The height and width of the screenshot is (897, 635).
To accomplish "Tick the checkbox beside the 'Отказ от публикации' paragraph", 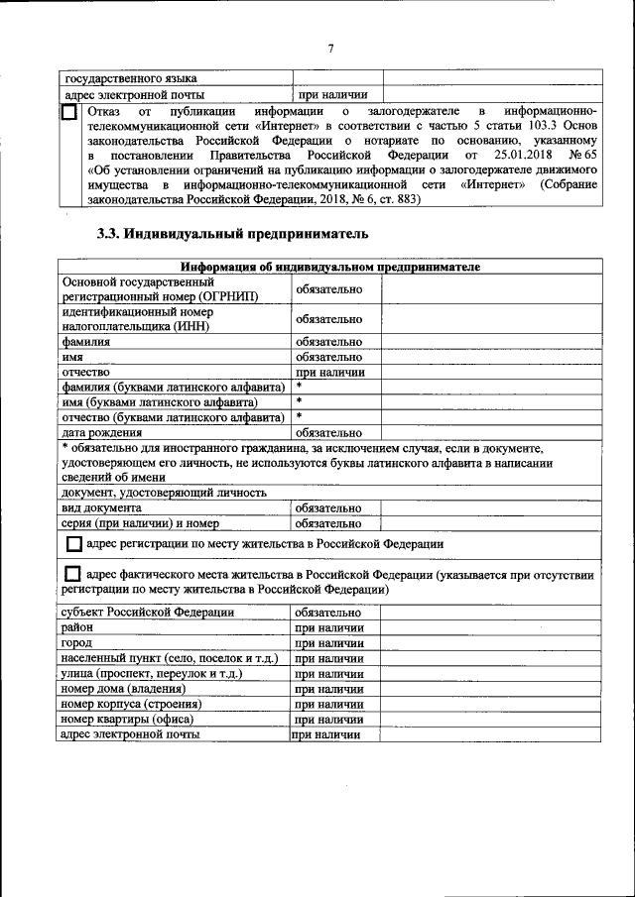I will pyautogui.click(x=68, y=113).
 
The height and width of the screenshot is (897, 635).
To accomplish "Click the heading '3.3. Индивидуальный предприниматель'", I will pyautogui.click(x=232, y=234).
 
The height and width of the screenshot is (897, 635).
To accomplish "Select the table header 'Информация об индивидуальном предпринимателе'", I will pyautogui.click(x=329, y=267).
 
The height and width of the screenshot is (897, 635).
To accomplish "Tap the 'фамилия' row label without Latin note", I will pyautogui.click(x=85, y=341).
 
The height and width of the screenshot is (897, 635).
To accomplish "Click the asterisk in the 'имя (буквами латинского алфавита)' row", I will pyautogui.click(x=299, y=401).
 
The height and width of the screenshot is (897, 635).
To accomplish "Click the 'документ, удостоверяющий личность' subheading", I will pyautogui.click(x=164, y=493).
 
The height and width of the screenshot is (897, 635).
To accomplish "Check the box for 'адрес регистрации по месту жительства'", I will pyautogui.click(x=73, y=545).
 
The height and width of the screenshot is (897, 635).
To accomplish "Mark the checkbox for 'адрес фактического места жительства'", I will pyautogui.click(x=73, y=575).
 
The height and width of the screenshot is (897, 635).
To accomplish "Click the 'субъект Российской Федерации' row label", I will pyautogui.click(x=148, y=613).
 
